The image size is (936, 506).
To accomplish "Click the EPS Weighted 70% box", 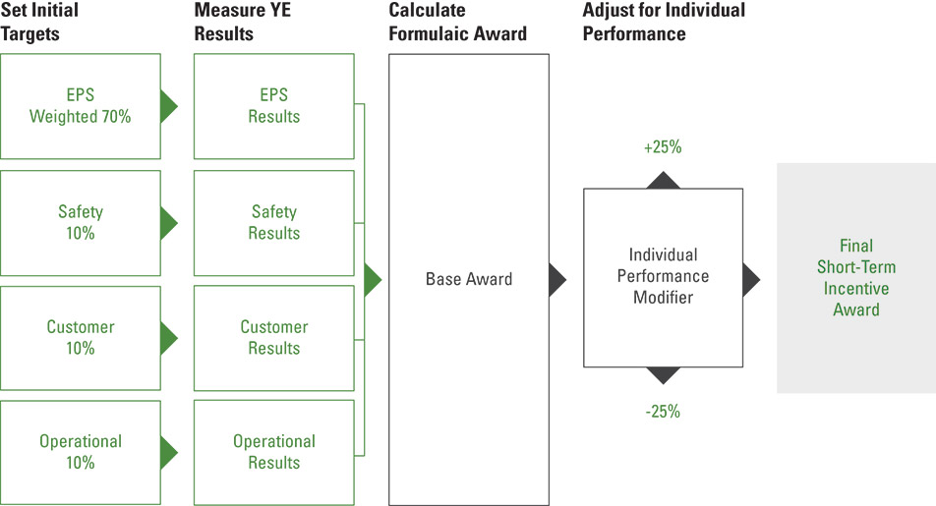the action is click(81, 106).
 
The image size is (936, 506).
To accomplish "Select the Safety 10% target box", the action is click(81, 223).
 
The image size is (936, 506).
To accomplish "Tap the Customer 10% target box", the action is click(81, 338).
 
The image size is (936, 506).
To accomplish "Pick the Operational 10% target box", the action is click(81, 452).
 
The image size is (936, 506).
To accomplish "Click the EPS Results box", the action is click(274, 106).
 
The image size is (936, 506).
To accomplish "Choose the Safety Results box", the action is click(274, 223).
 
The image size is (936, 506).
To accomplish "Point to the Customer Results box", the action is click(274, 338).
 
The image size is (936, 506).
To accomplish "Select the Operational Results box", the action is click(274, 452).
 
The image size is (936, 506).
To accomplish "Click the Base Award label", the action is click(469, 279).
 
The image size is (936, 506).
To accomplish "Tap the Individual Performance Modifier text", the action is click(664, 276).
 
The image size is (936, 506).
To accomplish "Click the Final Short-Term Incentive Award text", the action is click(856, 277).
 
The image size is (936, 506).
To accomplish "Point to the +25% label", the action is click(663, 146).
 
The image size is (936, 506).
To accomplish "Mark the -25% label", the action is click(663, 411).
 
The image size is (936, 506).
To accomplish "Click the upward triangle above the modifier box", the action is click(664, 182).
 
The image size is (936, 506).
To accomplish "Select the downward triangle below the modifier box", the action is click(664, 374).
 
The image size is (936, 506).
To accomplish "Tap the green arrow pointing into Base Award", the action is click(372, 280).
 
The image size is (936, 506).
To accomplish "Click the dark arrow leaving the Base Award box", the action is click(556, 280).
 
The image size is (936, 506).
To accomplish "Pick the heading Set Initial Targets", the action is click(39, 22).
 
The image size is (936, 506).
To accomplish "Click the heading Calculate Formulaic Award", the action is click(458, 22).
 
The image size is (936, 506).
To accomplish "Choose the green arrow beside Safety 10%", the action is click(169, 223).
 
